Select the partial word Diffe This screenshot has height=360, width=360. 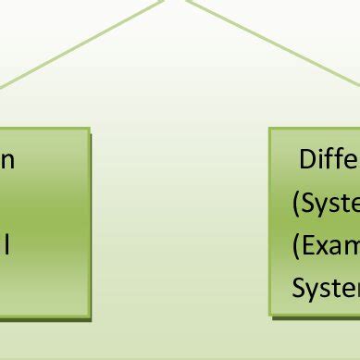tap(329, 160)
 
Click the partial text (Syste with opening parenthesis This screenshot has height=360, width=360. tap(327, 204)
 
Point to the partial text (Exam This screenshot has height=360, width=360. tap(326, 246)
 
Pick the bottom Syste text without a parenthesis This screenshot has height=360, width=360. tap(327, 290)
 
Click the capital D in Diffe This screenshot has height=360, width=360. tap(307, 160)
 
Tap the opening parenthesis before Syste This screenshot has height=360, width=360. tap(295, 205)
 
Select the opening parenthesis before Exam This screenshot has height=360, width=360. tap(295, 247)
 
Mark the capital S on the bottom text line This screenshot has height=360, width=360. tap(298, 290)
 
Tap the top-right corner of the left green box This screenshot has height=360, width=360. tap(90, 131)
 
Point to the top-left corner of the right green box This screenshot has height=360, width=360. tap(271, 130)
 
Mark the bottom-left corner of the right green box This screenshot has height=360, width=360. tap(271, 315)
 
